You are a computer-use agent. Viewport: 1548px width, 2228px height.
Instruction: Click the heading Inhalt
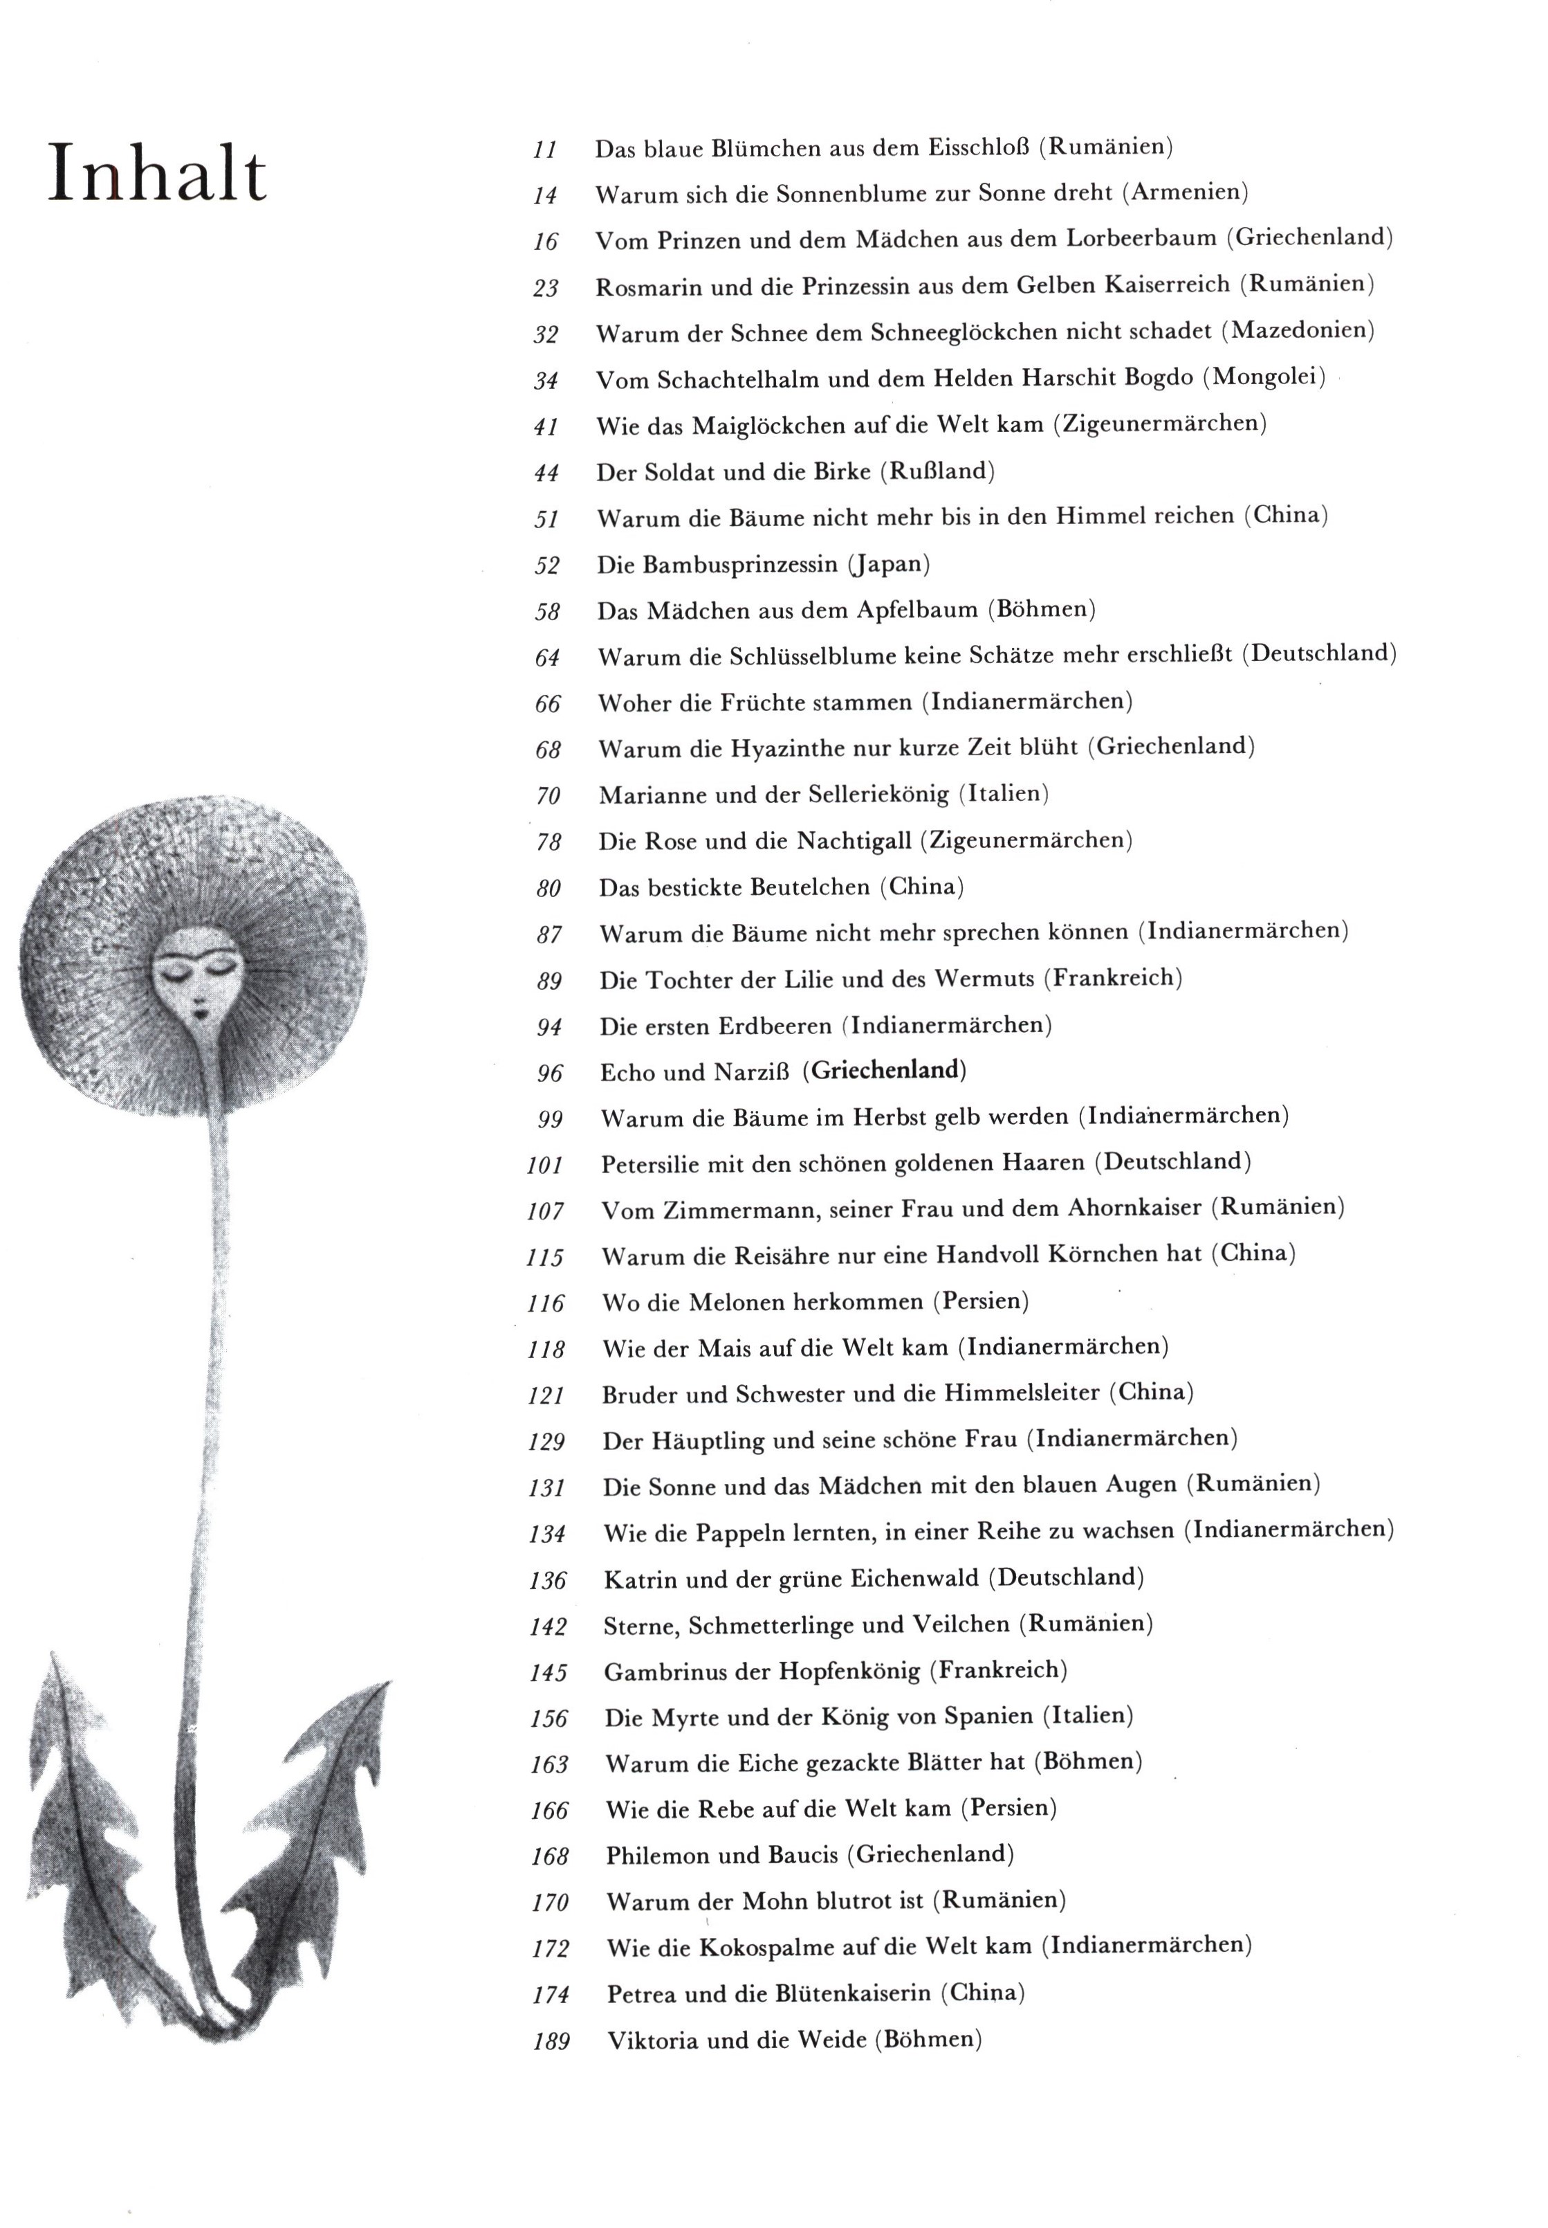[x=157, y=174]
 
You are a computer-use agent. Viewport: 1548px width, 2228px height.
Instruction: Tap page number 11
[x=545, y=150]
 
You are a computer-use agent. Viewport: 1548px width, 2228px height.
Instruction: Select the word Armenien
[x=1186, y=192]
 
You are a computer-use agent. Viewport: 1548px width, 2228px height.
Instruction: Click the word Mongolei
[x=1264, y=377]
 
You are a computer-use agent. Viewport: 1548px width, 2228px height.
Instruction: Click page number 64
[x=547, y=658]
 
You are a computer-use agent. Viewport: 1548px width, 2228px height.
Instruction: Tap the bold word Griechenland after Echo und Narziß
[x=885, y=1070]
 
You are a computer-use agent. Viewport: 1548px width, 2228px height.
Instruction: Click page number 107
[x=545, y=1211]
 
